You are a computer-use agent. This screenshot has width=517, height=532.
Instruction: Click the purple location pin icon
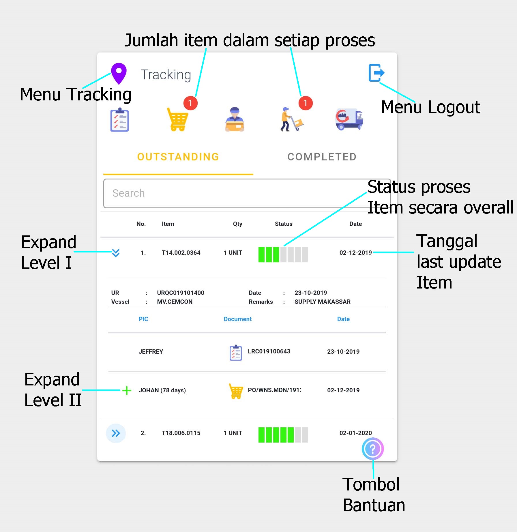(119, 73)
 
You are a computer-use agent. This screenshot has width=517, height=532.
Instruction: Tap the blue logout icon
(376, 73)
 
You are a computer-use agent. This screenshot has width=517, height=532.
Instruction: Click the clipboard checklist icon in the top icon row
(119, 120)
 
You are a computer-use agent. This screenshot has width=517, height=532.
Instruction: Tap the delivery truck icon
(349, 119)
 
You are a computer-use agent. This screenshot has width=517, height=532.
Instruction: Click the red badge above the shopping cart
(190, 103)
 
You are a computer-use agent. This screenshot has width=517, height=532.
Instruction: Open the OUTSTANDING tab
(178, 157)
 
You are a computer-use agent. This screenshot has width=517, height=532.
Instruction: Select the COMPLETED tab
(322, 157)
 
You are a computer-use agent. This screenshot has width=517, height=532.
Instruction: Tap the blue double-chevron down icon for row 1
(116, 253)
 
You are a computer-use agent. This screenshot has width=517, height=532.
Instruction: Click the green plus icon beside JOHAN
(127, 391)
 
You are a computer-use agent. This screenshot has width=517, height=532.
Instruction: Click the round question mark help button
(372, 449)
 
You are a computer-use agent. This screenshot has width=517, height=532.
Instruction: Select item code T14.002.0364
(181, 253)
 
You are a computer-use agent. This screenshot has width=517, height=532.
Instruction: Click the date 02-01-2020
(355, 433)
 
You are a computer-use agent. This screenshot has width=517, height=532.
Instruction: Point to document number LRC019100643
(269, 351)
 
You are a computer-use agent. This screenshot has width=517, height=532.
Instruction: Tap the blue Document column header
(237, 319)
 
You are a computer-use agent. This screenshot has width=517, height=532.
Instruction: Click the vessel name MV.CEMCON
(175, 302)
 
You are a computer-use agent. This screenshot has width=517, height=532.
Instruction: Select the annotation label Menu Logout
(430, 107)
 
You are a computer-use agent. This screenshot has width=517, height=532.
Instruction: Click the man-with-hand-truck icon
(291, 119)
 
